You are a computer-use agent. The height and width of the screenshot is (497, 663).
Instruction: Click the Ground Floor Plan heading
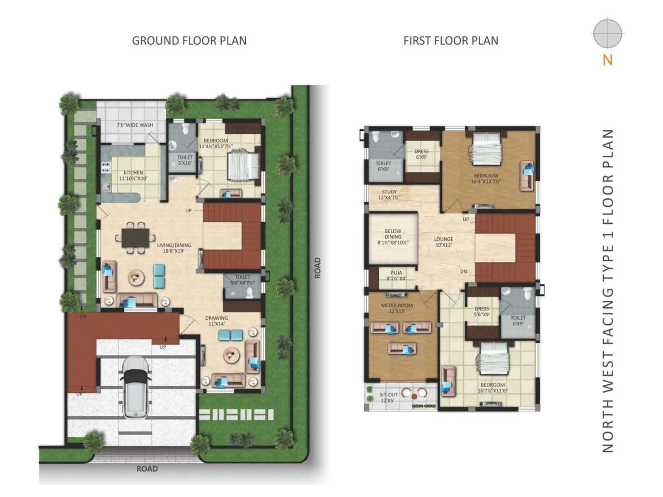click(x=189, y=41)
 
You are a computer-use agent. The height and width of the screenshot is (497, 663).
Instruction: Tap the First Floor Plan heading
click(x=450, y=41)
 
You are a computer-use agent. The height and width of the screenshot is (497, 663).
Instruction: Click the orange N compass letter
click(x=607, y=60)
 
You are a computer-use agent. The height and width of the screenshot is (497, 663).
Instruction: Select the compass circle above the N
click(x=607, y=33)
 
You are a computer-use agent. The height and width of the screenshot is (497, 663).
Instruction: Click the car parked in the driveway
click(x=134, y=387)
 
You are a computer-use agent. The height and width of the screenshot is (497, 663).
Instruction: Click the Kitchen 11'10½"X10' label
click(x=133, y=175)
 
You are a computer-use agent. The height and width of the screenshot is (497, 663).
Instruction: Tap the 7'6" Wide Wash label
click(x=135, y=125)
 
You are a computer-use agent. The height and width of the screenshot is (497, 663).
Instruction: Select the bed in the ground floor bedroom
click(x=244, y=165)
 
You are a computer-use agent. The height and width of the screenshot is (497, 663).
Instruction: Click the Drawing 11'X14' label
click(x=216, y=321)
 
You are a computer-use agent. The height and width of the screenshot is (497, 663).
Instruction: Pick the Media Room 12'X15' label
click(x=397, y=308)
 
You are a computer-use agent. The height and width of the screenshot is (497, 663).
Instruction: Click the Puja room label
click(x=396, y=275)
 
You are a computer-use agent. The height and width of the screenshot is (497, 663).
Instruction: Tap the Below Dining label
click(x=392, y=237)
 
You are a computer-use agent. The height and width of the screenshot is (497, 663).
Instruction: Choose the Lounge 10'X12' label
click(x=443, y=242)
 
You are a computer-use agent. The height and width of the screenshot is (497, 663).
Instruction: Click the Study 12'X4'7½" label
click(x=389, y=195)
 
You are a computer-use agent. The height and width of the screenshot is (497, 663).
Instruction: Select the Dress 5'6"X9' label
click(x=482, y=311)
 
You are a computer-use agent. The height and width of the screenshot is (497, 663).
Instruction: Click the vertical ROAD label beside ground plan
click(x=317, y=268)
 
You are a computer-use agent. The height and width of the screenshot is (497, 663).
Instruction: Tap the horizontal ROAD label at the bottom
click(x=147, y=469)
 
